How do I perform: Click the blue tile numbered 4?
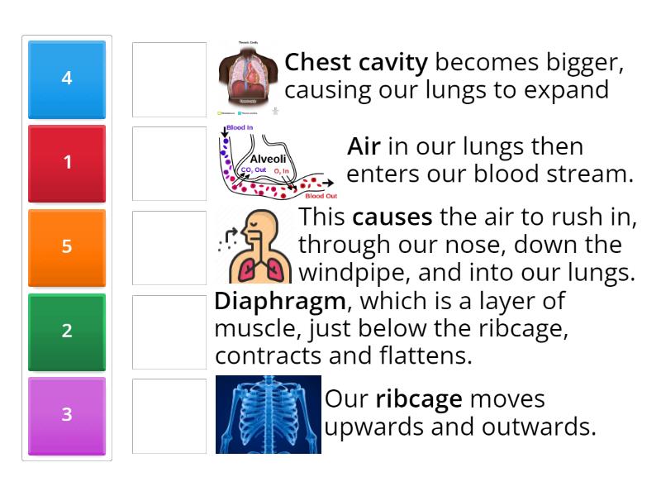point(67,79)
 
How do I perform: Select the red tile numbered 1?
point(67,163)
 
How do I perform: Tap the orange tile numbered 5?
point(67,247)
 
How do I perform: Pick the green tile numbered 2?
point(67,331)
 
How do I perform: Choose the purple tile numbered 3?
point(67,415)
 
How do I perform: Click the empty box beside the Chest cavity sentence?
point(169,79)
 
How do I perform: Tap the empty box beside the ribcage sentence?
point(169,415)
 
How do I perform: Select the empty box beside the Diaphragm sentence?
point(169,331)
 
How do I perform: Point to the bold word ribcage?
point(418,399)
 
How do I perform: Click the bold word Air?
point(364,147)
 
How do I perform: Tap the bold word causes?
point(392,217)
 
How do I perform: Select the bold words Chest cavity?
point(356,63)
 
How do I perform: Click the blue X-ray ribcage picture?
point(268,414)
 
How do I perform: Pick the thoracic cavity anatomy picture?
point(248,79)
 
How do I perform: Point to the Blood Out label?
point(321,196)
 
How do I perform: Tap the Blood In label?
point(240,128)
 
